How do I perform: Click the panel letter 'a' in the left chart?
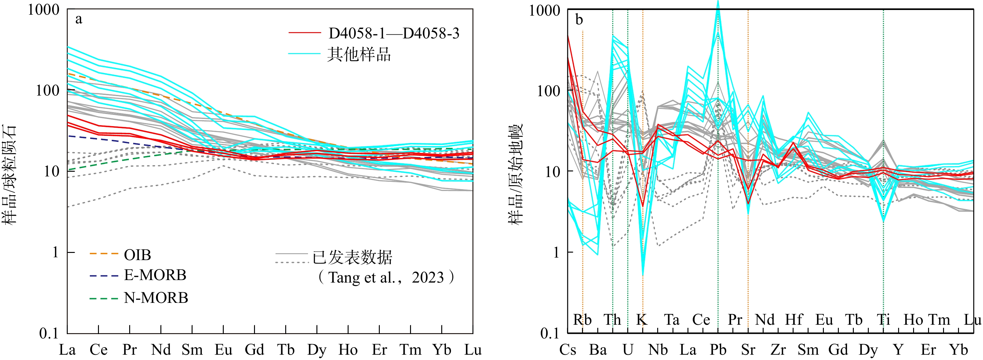point(79,19)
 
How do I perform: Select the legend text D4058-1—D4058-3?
point(394,34)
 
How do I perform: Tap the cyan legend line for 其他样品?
point(304,54)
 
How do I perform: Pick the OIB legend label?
point(137,255)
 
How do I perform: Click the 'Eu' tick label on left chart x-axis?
point(223,350)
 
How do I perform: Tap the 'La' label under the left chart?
point(67,350)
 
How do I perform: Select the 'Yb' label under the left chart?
point(442,350)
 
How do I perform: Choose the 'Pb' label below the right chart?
point(718,350)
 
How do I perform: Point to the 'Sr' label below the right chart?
point(748,350)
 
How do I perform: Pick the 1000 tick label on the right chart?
point(544,11)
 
